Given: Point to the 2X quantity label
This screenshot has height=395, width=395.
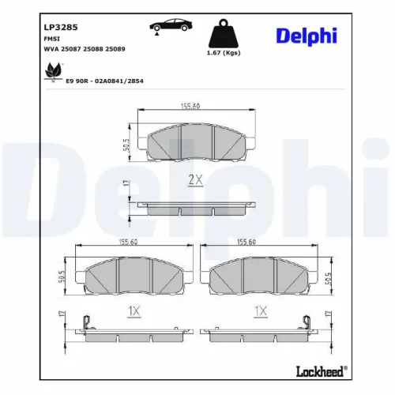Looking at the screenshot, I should (x=196, y=180).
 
